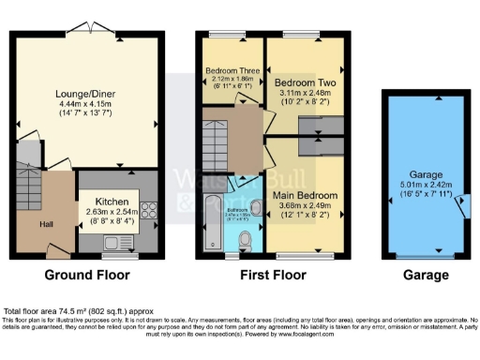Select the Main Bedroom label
pyautogui.click(x=305, y=195)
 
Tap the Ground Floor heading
pyautogui.click(x=87, y=276)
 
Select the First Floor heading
pyautogui.click(x=270, y=276)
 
